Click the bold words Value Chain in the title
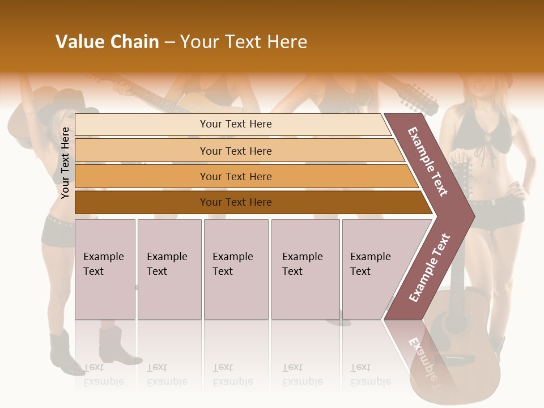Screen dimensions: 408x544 [x=107, y=42]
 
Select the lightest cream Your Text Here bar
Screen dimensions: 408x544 [x=235, y=124]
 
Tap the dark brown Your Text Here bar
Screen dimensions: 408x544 [x=235, y=202]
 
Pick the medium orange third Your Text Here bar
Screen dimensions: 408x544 [x=235, y=177]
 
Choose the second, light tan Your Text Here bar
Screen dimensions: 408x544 [x=235, y=151]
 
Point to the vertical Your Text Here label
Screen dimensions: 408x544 [x=65, y=163]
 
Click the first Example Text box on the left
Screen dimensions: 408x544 [x=105, y=269]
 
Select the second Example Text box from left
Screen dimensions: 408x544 [x=169, y=269]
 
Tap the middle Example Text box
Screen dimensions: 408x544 [x=236, y=269]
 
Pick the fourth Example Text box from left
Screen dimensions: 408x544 [x=305, y=269]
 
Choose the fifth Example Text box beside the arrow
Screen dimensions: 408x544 [x=374, y=269]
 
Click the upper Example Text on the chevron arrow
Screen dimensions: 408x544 [x=428, y=161]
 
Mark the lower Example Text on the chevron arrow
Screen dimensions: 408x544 [x=429, y=268]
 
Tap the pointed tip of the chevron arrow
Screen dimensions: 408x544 [x=473, y=216]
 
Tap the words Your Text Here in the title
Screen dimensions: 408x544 [x=244, y=42]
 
